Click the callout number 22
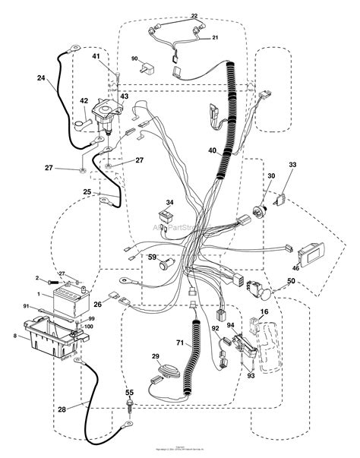194,16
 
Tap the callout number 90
134,58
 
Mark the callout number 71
181,323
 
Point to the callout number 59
153,257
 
